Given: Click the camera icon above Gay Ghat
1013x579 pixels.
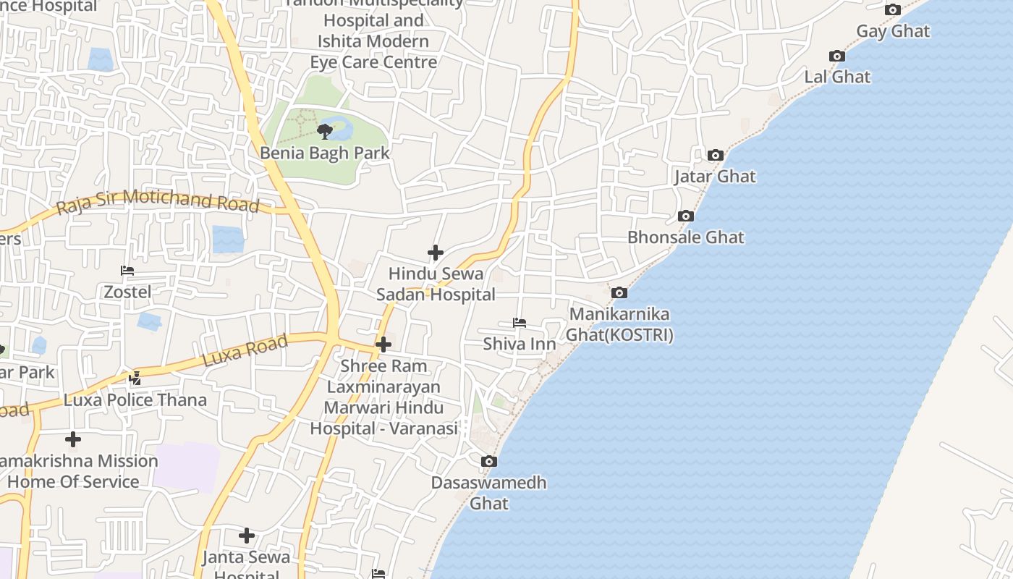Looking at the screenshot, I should click(893, 9).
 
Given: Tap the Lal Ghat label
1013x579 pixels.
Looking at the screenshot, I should click(837, 77).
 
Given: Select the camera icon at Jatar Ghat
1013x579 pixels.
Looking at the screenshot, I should click(716, 155).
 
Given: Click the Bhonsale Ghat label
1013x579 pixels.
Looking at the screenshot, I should click(685, 237).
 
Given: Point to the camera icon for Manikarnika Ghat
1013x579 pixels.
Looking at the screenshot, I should click(619, 293).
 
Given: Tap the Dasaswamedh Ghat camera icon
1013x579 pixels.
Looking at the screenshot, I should click(489, 461).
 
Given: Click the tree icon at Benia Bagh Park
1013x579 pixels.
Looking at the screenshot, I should click(325, 131).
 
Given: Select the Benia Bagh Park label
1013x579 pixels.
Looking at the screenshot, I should click(325, 153).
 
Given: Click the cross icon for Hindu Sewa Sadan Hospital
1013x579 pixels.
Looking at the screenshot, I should click(436, 253).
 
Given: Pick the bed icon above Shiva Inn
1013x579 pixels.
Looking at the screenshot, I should click(520, 323).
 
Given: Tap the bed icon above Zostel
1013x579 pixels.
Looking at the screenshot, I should click(127, 271).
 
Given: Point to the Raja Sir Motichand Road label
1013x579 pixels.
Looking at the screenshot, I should click(158, 201).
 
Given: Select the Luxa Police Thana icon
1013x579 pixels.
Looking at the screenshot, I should click(135, 378).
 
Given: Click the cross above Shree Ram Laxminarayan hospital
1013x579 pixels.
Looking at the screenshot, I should click(383, 345).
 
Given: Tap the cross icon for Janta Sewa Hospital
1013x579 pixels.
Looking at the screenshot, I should click(247, 536).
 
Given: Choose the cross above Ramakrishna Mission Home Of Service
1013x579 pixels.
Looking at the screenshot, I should click(73, 439).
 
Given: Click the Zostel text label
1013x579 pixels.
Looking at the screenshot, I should click(127, 292).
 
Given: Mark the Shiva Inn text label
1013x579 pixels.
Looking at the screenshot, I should click(520, 344).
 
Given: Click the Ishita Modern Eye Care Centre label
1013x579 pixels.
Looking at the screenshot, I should click(373, 51).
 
